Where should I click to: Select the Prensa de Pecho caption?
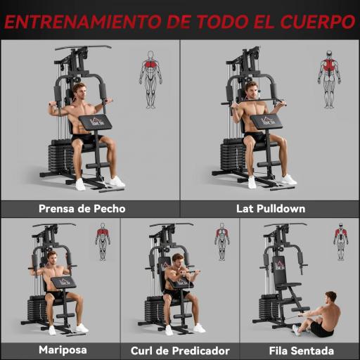[82, 209]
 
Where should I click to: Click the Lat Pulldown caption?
[270, 209]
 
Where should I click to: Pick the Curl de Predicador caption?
[180, 350]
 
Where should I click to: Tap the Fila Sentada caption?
[301, 350]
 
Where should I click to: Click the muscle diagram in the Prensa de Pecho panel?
[150, 78]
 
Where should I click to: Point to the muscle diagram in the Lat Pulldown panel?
[328, 78]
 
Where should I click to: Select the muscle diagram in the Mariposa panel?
[103, 241]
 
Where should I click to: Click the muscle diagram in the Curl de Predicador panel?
[222, 241]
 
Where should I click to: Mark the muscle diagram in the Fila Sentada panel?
[341, 241]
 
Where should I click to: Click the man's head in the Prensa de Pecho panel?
[79, 91]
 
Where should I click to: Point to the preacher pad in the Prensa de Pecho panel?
[95, 122]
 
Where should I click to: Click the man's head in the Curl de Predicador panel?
[177, 262]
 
